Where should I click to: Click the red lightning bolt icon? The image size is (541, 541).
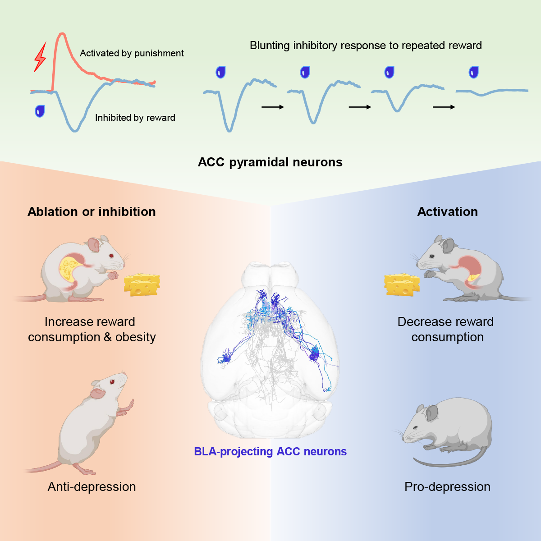pyautogui.click(x=41, y=57)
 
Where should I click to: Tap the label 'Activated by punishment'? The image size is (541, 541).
pyautogui.click(x=132, y=53)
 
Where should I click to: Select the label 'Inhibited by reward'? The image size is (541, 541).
pyautogui.click(x=135, y=118)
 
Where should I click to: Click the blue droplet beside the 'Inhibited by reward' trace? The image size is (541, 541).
pyautogui.click(x=40, y=111)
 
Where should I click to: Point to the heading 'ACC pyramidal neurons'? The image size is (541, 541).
pyautogui.click(x=270, y=162)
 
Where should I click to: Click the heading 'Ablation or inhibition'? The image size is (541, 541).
pyautogui.click(x=92, y=212)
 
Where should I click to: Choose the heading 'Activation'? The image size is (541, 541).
pyautogui.click(x=447, y=212)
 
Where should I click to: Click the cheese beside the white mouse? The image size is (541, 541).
pyautogui.click(x=142, y=284)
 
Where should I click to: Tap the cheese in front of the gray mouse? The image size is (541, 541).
pyautogui.click(x=402, y=285)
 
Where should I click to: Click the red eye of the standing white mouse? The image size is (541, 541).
pyautogui.click(x=112, y=382)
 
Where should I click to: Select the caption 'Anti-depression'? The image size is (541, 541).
pyautogui.click(x=92, y=487)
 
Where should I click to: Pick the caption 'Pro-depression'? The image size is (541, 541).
pyautogui.click(x=447, y=487)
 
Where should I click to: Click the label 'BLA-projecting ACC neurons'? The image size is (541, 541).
pyautogui.click(x=270, y=452)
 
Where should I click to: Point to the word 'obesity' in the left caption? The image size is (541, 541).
pyautogui.click(x=135, y=337)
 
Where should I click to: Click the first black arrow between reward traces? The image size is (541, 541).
pyautogui.click(x=273, y=107)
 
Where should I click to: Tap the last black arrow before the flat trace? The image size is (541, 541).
pyautogui.click(x=444, y=107)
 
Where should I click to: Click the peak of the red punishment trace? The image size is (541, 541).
pyautogui.click(x=62, y=34)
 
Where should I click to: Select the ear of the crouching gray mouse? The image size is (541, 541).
pyautogui.click(x=431, y=412)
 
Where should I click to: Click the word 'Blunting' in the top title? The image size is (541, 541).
pyautogui.click(x=270, y=46)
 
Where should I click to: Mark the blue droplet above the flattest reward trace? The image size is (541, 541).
pyautogui.click(x=473, y=72)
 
